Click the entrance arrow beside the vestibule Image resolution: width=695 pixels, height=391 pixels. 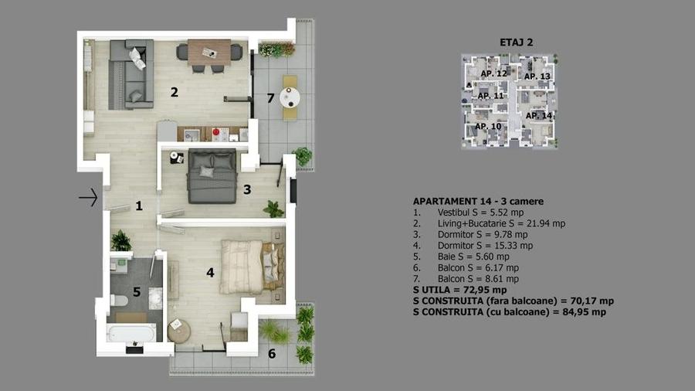click(89, 199)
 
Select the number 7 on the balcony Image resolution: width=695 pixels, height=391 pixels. click(270, 98)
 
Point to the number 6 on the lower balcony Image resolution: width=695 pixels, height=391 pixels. click(271, 354)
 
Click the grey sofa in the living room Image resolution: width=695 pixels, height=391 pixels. click(127, 73)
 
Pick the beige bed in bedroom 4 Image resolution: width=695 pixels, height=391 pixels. click(249, 263)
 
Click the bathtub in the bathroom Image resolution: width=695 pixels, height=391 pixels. click(131, 333)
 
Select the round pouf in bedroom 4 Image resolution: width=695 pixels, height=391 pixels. click(178, 330)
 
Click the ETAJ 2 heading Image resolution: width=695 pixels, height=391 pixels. click(517, 43)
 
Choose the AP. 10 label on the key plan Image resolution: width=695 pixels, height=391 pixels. click(487, 126)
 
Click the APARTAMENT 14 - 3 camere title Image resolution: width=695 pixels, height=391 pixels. click(478, 201)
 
